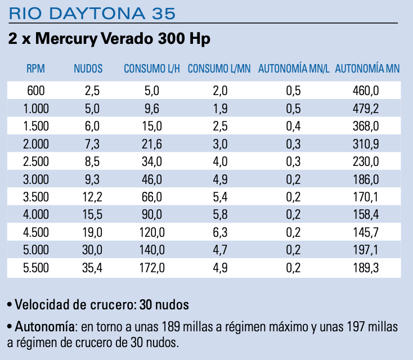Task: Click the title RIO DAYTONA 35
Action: click(92, 12)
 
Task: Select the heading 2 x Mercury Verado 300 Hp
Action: click(110, 39)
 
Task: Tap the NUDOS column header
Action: click(88, 69)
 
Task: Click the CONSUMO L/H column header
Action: click(152, 69)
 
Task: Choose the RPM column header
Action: click(35, 69)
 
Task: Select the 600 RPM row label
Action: click(35, 90)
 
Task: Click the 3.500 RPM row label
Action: click(35, 197)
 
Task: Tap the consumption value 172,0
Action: click(152, 268)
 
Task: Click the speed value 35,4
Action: click(92, 268)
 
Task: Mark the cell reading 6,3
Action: click(219, 232)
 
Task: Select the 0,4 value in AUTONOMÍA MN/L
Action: click(293, 125)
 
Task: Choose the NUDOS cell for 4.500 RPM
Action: click(92, 232)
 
